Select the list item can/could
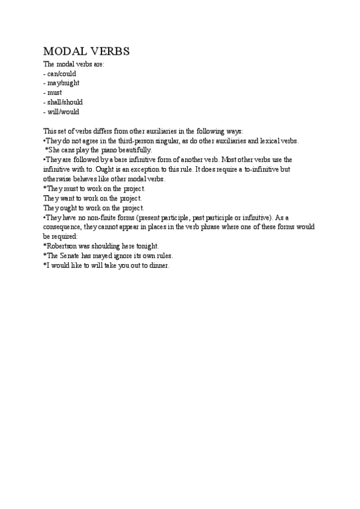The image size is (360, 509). click(x=62, y=74)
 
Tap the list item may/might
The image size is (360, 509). click(x=63, y=83)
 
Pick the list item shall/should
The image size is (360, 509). click(x=65, y=102)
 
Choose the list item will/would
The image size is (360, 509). click(x=63, y=112)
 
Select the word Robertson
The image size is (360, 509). click(x=64, y=246)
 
